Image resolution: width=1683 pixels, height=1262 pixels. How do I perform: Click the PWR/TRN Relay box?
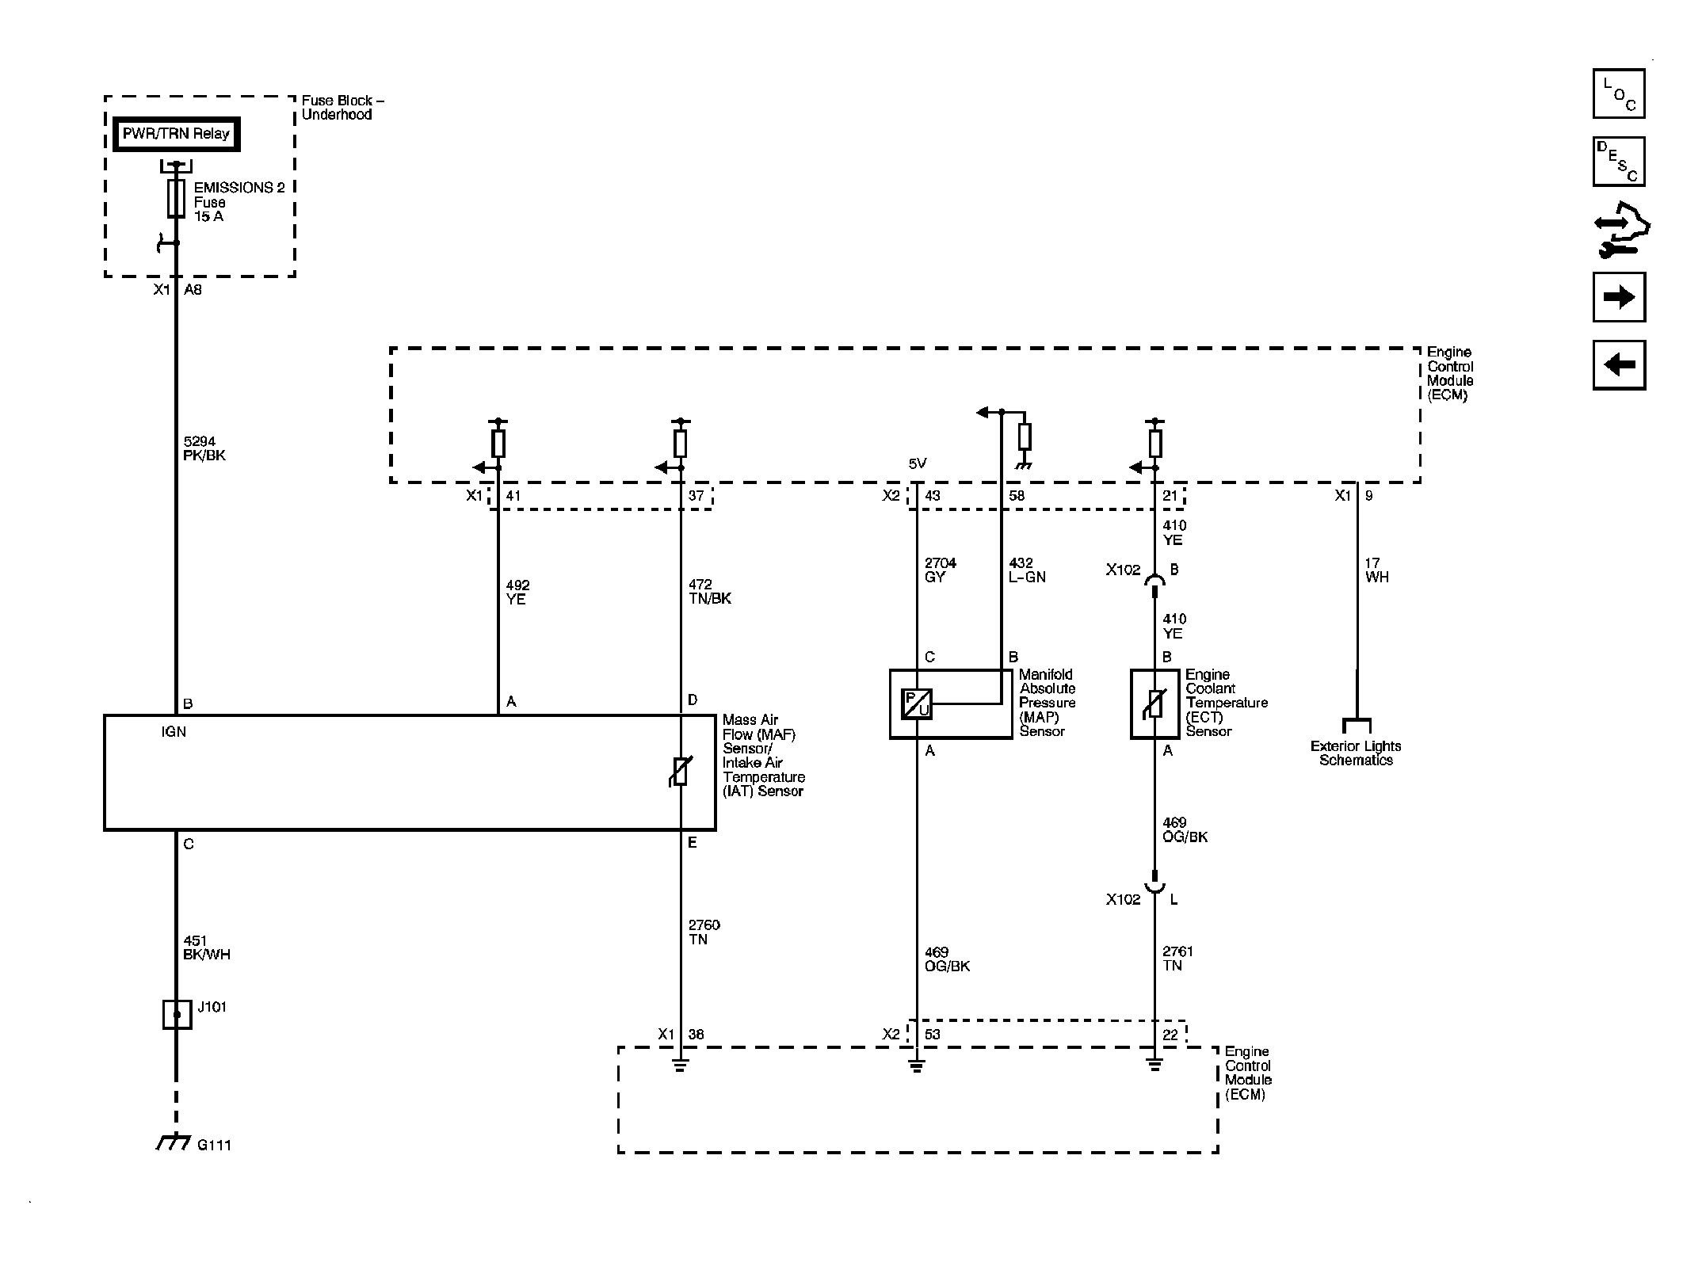point(176,134)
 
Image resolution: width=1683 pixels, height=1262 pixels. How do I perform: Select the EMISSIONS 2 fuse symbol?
point(176,198)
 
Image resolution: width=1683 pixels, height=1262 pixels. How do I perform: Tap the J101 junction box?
point(177,1014)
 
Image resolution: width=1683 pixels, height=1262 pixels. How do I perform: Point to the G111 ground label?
point(214,1145)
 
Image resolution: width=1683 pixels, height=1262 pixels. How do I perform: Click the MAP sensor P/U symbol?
point(917,704)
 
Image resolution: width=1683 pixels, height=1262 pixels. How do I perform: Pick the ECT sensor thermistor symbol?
point(1154,703)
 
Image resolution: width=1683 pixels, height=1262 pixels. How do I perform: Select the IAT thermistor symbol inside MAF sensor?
point(681,772)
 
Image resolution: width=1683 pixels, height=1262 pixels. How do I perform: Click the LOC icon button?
point(1619,93)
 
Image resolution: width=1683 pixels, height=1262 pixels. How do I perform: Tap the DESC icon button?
point(1619,162)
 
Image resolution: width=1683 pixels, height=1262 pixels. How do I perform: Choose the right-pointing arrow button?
point(1619,297)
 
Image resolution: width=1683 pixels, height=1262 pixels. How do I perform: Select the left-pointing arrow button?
point(1619,365)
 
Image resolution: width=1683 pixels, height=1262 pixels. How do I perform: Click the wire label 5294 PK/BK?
point(204,448)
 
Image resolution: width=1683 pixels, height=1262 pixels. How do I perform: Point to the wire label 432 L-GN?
point(1027,570)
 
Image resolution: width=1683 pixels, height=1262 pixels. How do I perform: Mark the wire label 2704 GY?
point(941,570)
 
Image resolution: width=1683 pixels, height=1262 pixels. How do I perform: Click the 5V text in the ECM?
point(918,463)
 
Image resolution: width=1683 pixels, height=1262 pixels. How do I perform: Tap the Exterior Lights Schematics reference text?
point(1356,753)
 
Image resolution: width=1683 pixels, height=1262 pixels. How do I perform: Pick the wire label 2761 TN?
point(1177,959)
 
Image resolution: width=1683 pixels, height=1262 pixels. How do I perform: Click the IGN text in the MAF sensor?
point(174,732)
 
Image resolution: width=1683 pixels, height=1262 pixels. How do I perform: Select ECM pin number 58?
point(1017,496)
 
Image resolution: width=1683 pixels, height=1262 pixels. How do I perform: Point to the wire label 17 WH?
point(1376,570)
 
